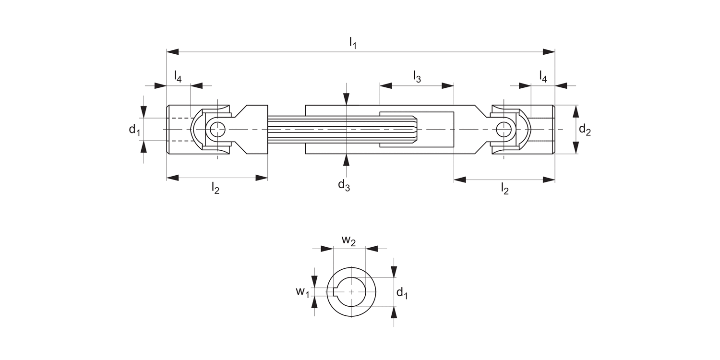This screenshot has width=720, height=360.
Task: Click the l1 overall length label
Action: pyautogui.click(x=353, y=43)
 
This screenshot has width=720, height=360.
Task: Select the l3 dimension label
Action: pyautogui.click(x=417, y=77)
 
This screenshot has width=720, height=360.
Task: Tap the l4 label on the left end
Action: pyautogui.click(x=178, y=77)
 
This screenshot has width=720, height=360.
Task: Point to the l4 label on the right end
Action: pyautogui.click(x=543, y=77)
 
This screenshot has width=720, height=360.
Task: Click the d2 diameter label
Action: pyautogui.click(x=585, y=130)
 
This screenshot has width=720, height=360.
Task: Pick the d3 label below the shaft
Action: pyautogui.click(x=344, y=185)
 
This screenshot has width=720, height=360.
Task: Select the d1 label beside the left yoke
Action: pyautogui.click(x=134, y=130)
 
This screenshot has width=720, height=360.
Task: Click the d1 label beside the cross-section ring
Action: pyautogui.click(x=402, y=293)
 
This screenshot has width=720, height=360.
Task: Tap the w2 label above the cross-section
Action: pyautogui.click(x=349, y=241)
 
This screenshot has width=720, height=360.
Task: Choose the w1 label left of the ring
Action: pyautogui.click(x=302, y=291)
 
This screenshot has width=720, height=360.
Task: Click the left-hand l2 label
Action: pyautogui.click(x=216, y=189)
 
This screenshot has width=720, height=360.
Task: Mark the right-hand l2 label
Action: pyautogui.click(x=504, y=189)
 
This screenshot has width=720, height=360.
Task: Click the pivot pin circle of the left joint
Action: pyautogui.click(x=217, y=129)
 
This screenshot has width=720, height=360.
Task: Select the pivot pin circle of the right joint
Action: pyautogui.click(x=504, y=129)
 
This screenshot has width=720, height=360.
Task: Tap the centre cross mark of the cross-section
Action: pyautogui.click(x=352, y=291)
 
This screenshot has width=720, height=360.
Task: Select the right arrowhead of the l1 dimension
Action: pyautogui.click(x=549, y=51)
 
